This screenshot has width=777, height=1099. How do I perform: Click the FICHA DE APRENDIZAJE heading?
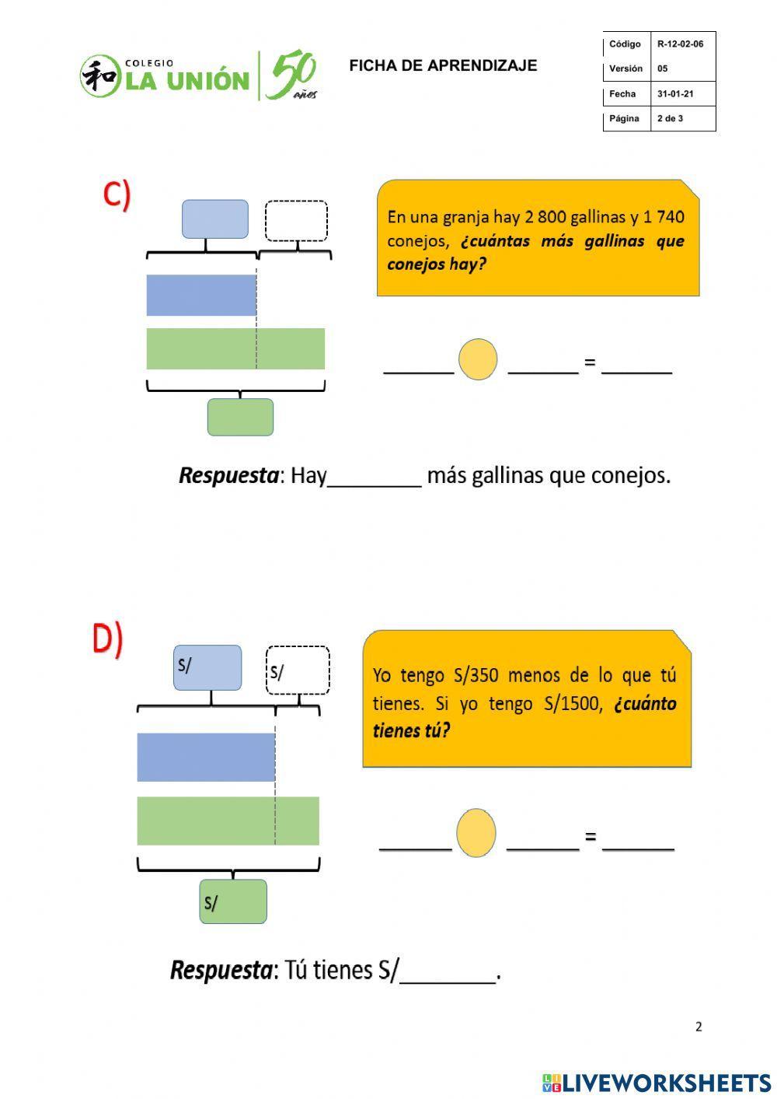(x=443, y=66)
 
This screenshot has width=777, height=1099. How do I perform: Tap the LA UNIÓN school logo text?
(x=186, y=80)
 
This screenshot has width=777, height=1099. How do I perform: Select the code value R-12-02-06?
(x=680, y=44)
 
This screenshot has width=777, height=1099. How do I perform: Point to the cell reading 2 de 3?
(x=670, y=119)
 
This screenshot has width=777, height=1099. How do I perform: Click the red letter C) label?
(x=117, y=194)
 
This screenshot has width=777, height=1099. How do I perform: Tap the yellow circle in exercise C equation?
(x=478, y=359)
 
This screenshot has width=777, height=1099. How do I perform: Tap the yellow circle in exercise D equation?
(x=476, y=832)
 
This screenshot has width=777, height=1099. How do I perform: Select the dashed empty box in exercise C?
(x=296, y=221)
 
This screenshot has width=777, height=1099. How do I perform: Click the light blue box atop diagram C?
(x=215, y=219)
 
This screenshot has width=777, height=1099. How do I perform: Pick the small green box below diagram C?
(x=240, y=418)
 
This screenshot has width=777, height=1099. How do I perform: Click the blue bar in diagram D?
(x=206, y=757)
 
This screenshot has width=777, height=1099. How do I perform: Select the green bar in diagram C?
(x=235, y=348)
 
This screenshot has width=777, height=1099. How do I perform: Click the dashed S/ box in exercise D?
(x=298, y=670)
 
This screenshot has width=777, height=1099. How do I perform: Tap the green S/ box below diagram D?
(x=233, y=901)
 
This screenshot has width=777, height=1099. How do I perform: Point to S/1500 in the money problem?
(x=572, y=704)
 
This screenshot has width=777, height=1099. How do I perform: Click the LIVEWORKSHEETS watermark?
(x=657, y=1082)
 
